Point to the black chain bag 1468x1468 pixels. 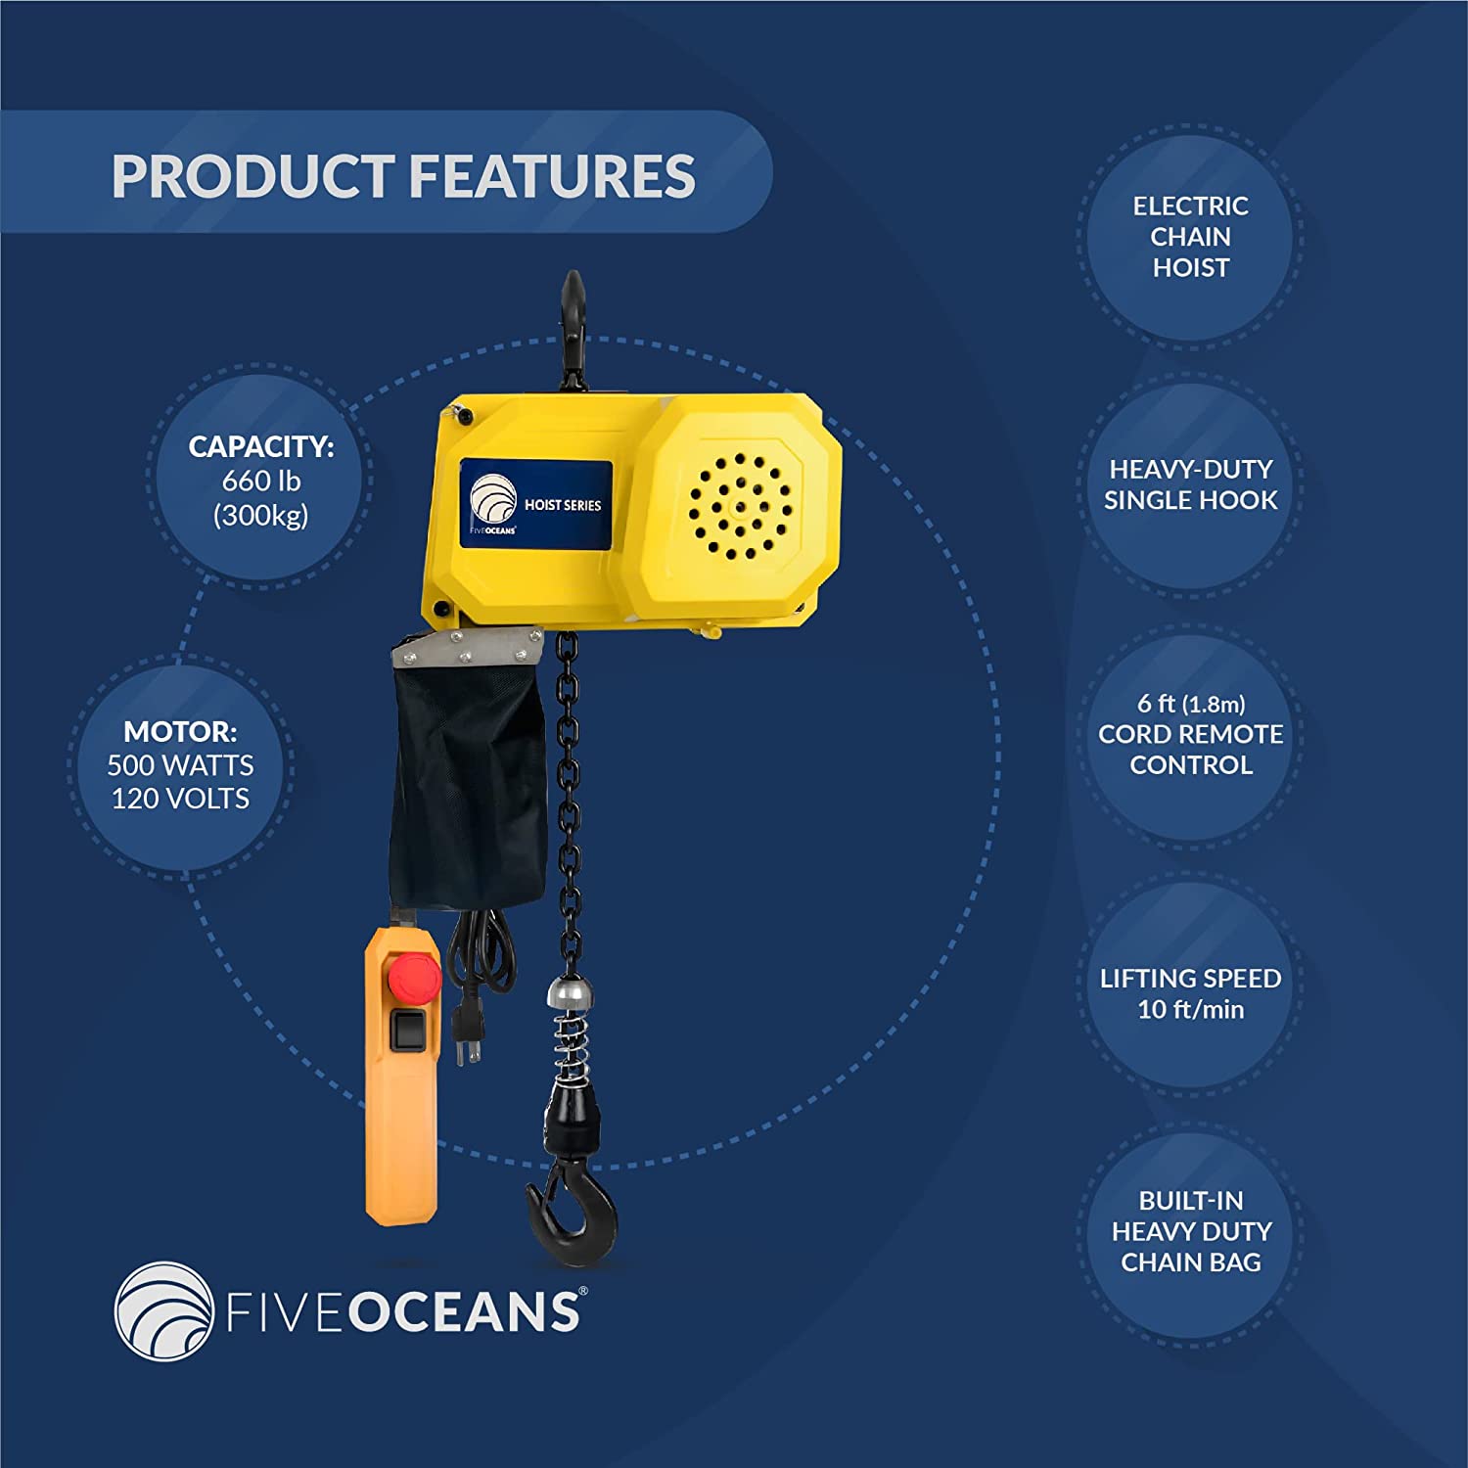click(467, 773)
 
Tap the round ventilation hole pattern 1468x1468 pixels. click(741, 507)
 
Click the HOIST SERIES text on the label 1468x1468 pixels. click(563, 505)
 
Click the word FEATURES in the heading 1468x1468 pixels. click(551, 176)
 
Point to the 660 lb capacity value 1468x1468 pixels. click(261, 481)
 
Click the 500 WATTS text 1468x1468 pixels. click(180, 765)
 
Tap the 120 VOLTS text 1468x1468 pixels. click(180, 799)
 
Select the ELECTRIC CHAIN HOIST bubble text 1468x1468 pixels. click(1191, 237)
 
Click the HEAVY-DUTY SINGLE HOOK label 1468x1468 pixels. click(1191, 484)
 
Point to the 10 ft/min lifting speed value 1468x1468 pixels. click(1191, 1009)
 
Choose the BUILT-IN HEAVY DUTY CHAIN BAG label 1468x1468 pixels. click(1191, 1231)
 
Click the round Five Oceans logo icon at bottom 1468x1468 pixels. click(163, 1311)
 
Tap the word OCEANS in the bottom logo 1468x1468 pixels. click(464, 1312)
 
